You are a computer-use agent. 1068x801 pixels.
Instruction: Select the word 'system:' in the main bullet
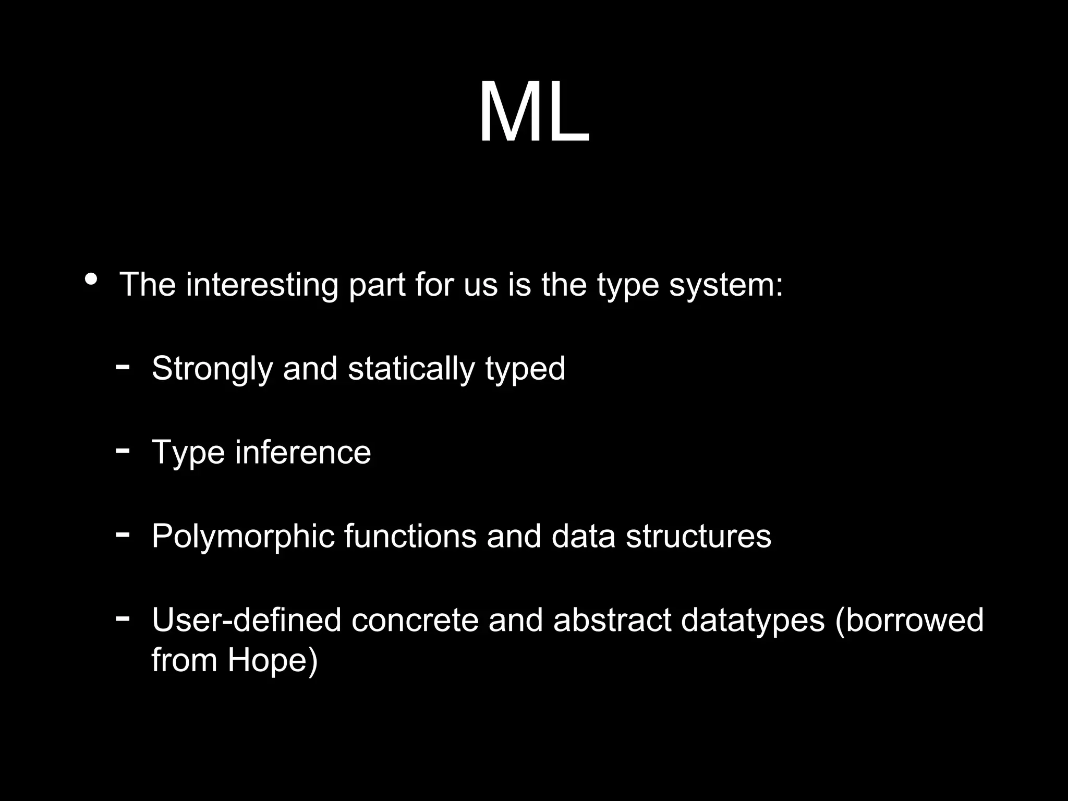[725, 285]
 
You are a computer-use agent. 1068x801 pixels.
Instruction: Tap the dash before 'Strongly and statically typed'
[123, 367]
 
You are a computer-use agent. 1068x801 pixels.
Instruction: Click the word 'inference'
[303, 452]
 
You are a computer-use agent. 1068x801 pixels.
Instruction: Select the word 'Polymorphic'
[242, 537]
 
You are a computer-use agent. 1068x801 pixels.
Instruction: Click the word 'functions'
[410, 536]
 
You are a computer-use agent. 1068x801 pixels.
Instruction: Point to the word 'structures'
[698, 536]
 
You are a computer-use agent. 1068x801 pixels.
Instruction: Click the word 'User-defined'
[246, 620]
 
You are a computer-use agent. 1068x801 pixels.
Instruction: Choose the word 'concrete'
[415, 620]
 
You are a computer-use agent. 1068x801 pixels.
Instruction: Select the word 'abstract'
[612, 620]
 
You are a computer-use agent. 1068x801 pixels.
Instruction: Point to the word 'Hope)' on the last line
[272, 661]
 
